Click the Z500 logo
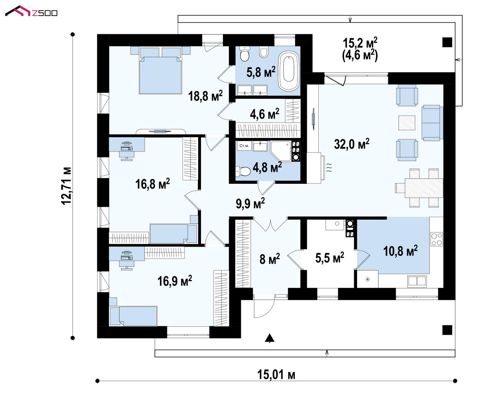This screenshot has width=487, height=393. coord(31,11)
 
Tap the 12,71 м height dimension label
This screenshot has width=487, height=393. coord(66,186)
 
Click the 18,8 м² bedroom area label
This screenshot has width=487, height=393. coord(205,96)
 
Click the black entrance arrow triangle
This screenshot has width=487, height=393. coord(269,338)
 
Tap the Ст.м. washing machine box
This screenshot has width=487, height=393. coord(244,146)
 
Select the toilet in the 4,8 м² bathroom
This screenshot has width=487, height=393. coord(243,171)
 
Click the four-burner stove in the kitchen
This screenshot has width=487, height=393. coord(437,239)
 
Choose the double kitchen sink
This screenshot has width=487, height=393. coord(417,281)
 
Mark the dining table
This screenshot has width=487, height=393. coord(423,188)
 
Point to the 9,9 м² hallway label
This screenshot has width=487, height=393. coord(250,203)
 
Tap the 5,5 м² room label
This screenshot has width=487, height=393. coord(329,258)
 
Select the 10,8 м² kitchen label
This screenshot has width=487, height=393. coord(400,251)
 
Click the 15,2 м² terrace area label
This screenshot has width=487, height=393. coord(360,43)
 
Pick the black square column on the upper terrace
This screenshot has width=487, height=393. coord(447,42)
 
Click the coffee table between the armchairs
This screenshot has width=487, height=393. coord(407,123)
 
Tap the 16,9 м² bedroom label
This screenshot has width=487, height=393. coord(175,281)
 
